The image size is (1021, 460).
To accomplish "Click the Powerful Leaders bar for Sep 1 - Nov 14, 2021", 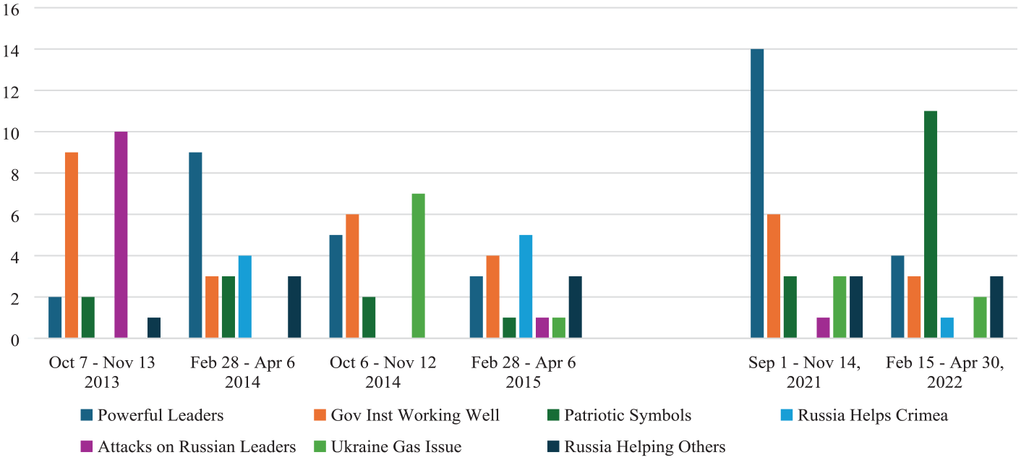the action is point(757,193).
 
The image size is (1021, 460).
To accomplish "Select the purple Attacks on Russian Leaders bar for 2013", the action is point(121,235).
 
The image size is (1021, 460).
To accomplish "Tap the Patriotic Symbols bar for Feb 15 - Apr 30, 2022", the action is point(931,224).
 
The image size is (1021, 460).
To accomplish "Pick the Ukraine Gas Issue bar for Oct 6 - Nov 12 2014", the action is point(419,265).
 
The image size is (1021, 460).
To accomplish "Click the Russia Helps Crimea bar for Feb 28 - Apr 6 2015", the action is point(526,286).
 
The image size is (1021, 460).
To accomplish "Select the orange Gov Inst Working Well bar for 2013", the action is point(72,245).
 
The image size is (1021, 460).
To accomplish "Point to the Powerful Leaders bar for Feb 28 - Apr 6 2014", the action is point(195,245).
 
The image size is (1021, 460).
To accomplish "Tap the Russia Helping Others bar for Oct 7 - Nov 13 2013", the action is point(154,328).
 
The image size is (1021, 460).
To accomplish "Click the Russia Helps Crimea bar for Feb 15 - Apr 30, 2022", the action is point(947,328).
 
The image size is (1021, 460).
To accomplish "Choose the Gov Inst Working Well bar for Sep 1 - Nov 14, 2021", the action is point(774,276).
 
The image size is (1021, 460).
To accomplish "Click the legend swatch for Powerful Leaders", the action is point(87,415).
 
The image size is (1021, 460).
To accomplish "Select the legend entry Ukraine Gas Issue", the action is point(388,446).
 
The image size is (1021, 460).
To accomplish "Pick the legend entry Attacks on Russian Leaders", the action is point(188,446).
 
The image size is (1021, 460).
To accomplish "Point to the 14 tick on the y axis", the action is point(11,51).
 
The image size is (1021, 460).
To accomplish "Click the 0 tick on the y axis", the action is point(15,340).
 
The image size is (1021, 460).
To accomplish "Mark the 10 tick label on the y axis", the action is point(11,134).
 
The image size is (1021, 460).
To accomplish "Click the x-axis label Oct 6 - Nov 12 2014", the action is point(383,372).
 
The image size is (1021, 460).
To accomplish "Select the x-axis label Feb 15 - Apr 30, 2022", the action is point(945,372).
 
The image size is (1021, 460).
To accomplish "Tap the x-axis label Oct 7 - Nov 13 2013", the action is point(102,372).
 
